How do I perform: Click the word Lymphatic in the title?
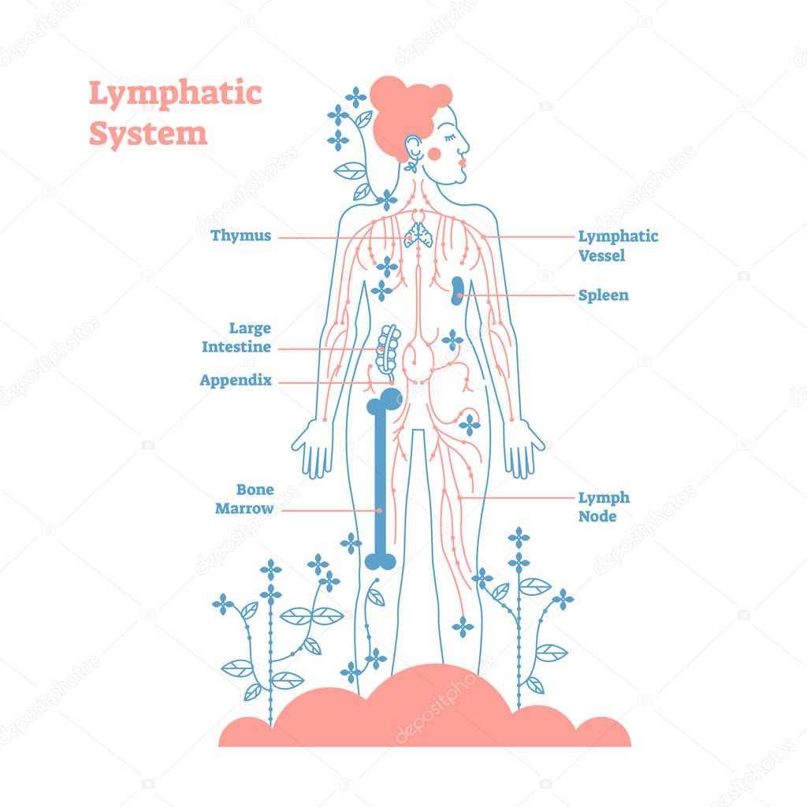tap(174, 95)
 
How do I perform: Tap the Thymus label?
tap(241, 236)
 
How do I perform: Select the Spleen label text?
tap(604, 296)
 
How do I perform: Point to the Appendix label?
tap(236, 381)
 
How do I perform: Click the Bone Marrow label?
tap(244, 499)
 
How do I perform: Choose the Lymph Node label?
tap(604, 507)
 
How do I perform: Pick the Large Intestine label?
tap(236, 337)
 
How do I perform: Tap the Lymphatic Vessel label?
tap(618, 245)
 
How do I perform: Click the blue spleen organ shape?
tap(458, 291)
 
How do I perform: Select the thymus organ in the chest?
tap(417, 234)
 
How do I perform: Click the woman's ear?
tap(412, 147)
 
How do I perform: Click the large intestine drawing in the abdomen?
tap(387, 348)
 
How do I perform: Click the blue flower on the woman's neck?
tap(387, 199)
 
